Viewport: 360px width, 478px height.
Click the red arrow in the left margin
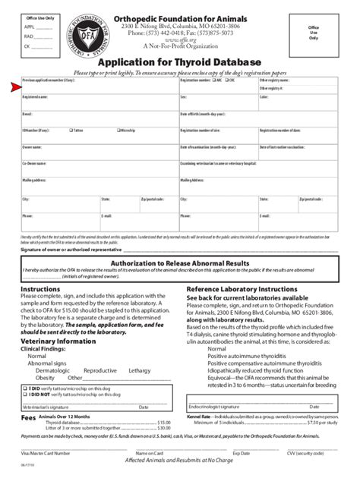tap(14, 86)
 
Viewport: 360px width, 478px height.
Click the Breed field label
tap(27, 115)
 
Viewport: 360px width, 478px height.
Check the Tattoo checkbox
tap(71, 131)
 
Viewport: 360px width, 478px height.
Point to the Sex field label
tap(183, 97)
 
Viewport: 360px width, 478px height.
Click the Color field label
tap(264, 97)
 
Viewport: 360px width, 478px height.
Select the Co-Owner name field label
tap(34, 163)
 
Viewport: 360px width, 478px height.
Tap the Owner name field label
tap(31, 147)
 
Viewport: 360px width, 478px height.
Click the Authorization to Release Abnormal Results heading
tap(180, 263)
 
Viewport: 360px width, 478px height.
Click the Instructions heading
tap(39, 289)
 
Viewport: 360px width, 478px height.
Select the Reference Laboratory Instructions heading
tap(242, 289)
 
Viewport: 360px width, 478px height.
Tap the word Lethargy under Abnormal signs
tap(140, 370)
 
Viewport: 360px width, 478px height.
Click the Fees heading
tap(28, 417)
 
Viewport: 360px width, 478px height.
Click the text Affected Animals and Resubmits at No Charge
tap(179, 460)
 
